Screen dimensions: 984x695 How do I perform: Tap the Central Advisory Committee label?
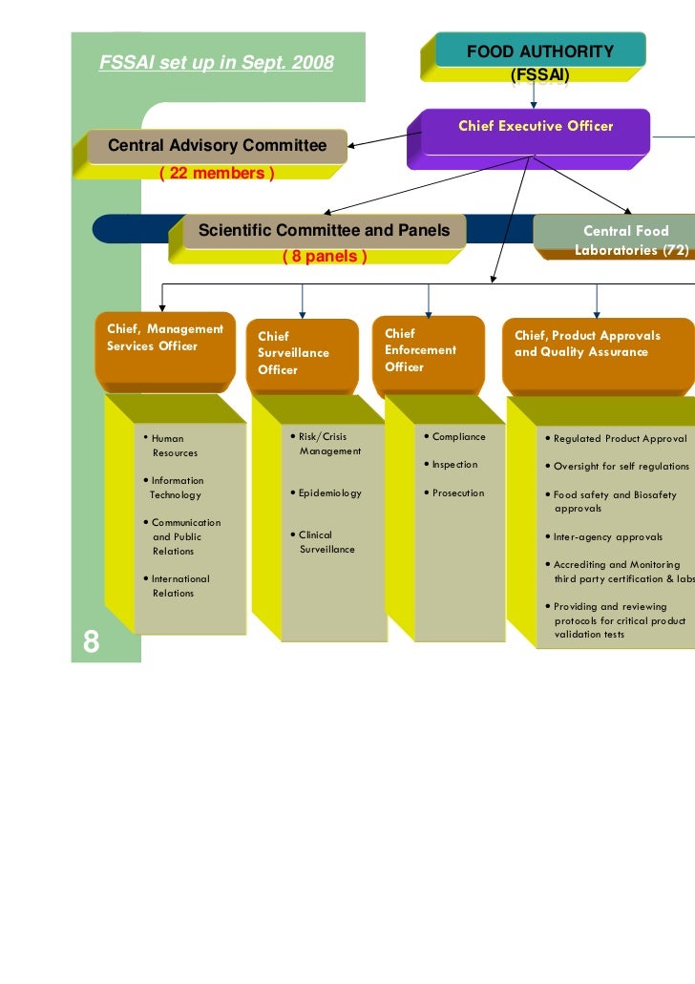click(217, 146)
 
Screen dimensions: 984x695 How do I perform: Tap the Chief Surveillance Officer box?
click(302, 353)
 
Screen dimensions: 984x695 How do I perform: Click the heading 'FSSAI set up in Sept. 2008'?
click(217, 64)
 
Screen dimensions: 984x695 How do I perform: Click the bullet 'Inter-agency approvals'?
click(607, 536)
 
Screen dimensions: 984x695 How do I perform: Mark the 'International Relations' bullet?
click(179, 586)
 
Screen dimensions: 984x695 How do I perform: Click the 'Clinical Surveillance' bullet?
click(326, 542)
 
